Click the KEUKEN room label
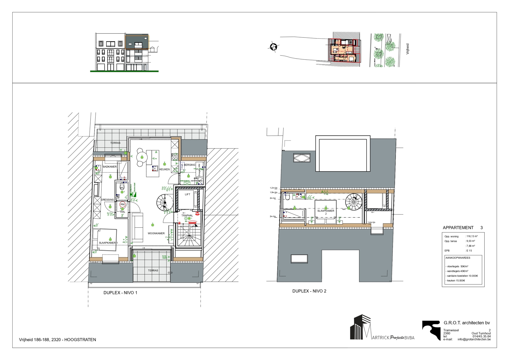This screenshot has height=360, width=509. click(164, 169)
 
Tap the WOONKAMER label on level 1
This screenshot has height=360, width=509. click(156, 233)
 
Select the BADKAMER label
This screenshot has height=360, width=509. click(109, 167)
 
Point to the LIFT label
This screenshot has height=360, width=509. click(187, 194)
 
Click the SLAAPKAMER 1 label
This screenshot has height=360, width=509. click(108, 243)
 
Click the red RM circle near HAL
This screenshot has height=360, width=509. click(122, 205)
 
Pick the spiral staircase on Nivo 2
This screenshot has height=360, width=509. click(354, 202)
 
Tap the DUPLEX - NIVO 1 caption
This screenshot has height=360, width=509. click(120, 293)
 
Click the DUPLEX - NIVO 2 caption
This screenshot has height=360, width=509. click(309, 291)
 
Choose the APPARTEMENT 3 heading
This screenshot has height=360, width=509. click(463, 228)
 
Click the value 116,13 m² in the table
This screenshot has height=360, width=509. click(472, 236)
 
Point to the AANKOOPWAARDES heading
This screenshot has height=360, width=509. click(458, 258)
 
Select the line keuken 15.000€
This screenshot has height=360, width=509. click(455, 280)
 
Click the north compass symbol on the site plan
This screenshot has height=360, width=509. click(273, 47)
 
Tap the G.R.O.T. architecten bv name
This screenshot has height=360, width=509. click(466, 323)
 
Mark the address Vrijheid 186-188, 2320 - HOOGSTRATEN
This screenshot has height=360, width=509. click(58, 340)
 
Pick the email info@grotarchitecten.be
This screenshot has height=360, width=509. click(474, 339)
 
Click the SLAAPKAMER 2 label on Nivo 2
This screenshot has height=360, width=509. click(325, 212)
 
